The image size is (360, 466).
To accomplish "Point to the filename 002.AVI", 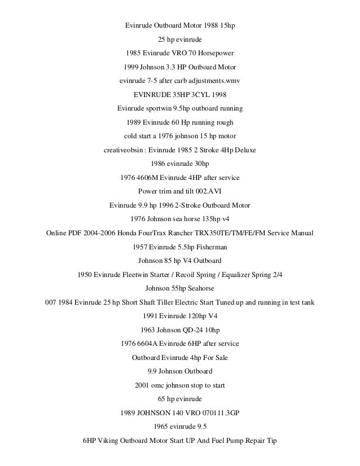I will [x=207, y=191].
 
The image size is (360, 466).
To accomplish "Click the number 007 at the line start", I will [x=51, y=302].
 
